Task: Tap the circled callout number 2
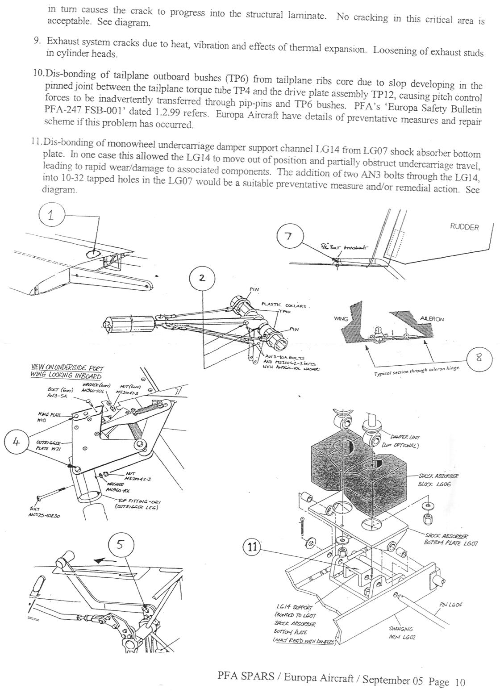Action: coord(202,278)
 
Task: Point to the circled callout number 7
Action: coord(289,236)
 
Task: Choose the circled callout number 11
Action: coord(252,547)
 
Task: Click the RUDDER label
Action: coord(464,227)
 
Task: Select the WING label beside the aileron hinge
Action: coord(341,319)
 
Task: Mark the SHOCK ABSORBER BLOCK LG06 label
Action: coord(438,480)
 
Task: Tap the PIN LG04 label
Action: coord(450,605)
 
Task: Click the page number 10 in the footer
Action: coord(460,682)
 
